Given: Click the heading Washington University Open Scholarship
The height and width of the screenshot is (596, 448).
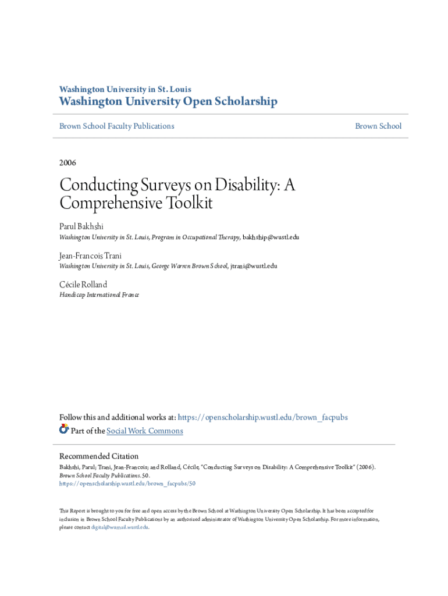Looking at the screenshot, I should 168,102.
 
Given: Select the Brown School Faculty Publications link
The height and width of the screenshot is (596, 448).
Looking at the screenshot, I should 116,126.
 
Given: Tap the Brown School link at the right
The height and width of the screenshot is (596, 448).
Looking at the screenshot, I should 378,126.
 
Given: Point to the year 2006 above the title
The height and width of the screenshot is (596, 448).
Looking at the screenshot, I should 67,163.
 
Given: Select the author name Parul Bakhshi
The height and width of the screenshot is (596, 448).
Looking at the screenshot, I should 81,226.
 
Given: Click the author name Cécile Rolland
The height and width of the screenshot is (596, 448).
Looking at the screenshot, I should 83,284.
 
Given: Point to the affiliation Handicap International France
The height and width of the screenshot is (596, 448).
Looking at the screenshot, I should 99,295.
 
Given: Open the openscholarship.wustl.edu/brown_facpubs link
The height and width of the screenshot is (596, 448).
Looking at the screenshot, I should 262,417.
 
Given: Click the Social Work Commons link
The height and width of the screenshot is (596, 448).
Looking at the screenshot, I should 145,431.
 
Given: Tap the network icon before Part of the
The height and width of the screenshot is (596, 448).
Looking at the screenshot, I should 64,430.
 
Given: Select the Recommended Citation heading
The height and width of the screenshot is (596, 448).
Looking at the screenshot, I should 99,456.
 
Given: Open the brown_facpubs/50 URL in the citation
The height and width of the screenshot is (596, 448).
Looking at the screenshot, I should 127,483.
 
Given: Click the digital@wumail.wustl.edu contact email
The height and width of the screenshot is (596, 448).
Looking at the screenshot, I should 120,527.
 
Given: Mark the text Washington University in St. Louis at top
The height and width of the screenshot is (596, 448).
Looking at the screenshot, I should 125,89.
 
